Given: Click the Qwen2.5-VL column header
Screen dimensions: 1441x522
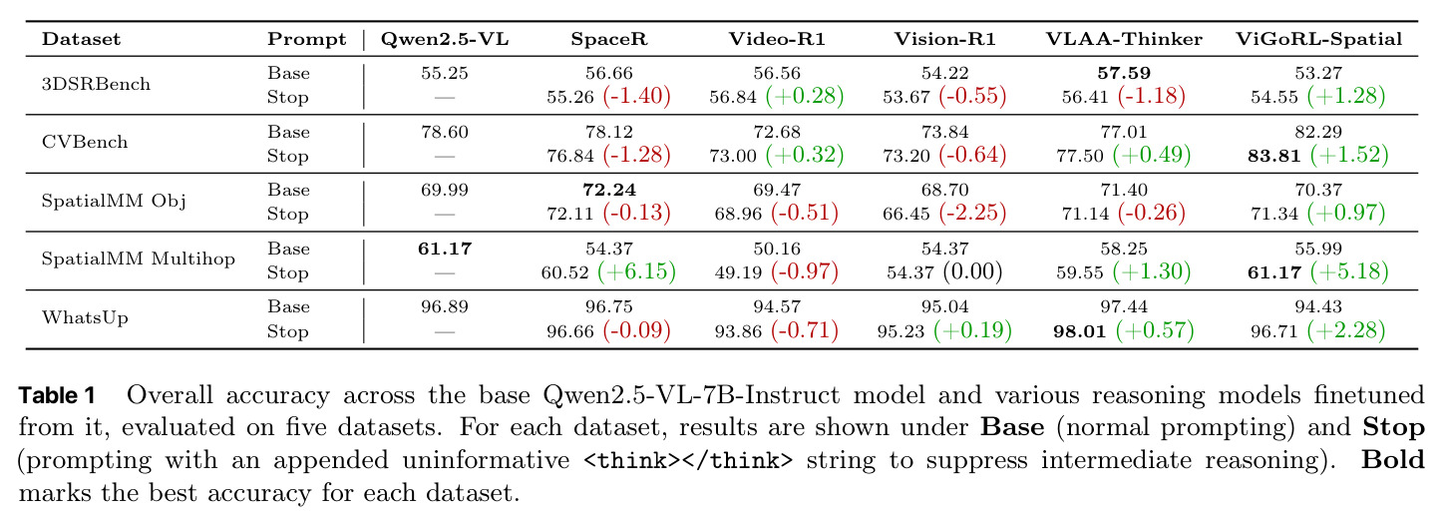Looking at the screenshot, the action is pos(445,39).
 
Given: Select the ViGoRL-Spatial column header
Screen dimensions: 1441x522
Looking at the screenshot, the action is pos(1318,39).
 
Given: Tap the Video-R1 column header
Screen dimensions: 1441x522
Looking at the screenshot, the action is pos(777,39).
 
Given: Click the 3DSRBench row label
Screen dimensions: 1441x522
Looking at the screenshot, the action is pos(96,84).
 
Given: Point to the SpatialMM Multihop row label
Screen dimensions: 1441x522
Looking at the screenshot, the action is pos(139,259).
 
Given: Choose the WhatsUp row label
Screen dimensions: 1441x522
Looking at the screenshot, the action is pos(85,317).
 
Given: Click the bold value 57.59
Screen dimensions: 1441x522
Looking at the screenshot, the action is pos(1124,73).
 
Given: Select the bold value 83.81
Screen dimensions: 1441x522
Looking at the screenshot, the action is pos(1273,156).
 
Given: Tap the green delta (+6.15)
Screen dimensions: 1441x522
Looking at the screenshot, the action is pos(636,271).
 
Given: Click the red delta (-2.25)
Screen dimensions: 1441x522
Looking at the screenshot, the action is pos(972,213).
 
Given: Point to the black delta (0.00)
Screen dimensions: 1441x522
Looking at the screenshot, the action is pos(972,271).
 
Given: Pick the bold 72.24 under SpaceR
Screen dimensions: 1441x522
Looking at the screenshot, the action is pos(609,190).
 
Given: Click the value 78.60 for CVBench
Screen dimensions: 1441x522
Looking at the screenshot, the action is pos(445,132).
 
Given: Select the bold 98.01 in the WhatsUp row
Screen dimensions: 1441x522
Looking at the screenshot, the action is pos(1079,331).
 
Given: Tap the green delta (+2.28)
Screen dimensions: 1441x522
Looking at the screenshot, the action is pos(1346,330).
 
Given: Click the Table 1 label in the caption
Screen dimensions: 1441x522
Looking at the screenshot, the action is pos(57,395).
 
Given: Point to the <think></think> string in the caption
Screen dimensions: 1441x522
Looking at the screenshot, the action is pos(688,461).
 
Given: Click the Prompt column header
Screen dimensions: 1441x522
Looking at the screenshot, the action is pos(307,39).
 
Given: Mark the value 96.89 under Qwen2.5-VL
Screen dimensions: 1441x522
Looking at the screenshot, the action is pos(445,307).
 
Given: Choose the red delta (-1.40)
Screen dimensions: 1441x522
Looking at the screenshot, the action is pos(636,96).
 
